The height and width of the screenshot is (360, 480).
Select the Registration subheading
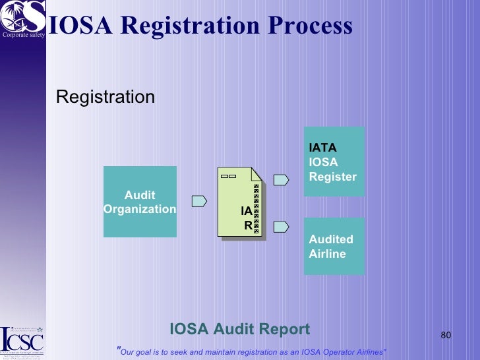click(x=105, y=98)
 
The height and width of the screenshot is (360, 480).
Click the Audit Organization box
click(x=140, y=202)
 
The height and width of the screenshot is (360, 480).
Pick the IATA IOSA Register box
click(x=334, y=162)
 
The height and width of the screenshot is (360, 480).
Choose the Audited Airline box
click(x=334, y=246)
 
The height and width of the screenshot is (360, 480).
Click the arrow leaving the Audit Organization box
click(x=199, y=201)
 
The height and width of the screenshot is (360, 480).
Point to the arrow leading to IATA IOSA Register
click(x=281, y=179)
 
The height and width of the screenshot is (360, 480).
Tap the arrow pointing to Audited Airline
click(x=281, y=227)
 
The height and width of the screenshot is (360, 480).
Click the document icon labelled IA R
click(x=240, y=202)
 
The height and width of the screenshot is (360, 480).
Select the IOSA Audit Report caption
click(x=239, y=329)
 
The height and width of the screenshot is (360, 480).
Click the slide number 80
click(x=445, y=336)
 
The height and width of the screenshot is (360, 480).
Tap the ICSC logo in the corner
click(x=22, y=341)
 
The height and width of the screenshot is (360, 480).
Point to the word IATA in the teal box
click(x=322, y=148)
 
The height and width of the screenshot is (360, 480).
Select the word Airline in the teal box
click(x=327, y=254)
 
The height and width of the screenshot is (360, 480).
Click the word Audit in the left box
click(x=140, y=195)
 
